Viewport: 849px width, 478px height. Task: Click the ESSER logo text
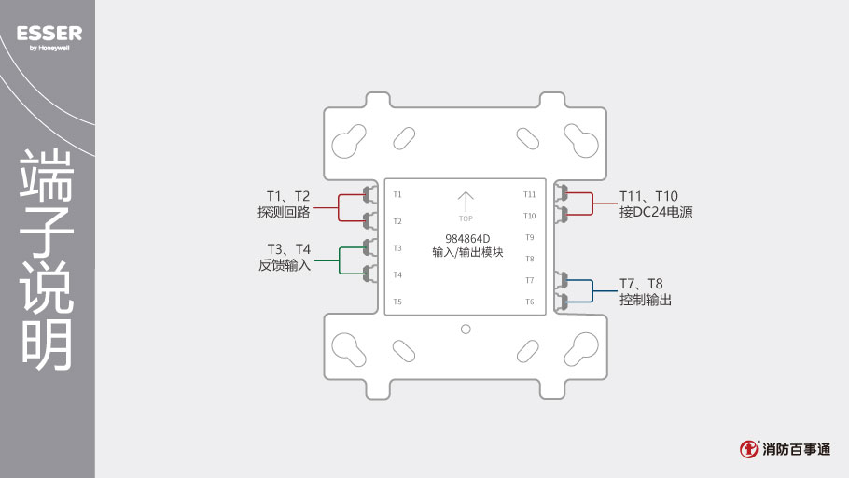coord(49,34)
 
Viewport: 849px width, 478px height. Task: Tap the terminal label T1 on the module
coord(397,194)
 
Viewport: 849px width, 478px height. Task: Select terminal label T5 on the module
coord(397,302)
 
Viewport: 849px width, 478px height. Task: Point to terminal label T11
coord(529,194)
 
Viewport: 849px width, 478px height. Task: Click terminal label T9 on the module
coord(529,237)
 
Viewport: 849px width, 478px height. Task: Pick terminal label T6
coord(529,302)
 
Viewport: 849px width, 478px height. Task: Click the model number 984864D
coord(467,238)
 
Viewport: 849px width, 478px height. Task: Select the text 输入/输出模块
coord(467,253)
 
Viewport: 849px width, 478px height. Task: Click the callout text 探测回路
coord(284,213)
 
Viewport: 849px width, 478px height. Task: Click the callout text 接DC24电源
coord(656,213)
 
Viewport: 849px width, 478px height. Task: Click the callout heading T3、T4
coord(288,248)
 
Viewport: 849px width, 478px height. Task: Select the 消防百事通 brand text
coord(796,450)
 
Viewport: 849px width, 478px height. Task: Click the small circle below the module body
coord(466,329)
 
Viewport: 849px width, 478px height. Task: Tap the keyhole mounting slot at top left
coord(348,142)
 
